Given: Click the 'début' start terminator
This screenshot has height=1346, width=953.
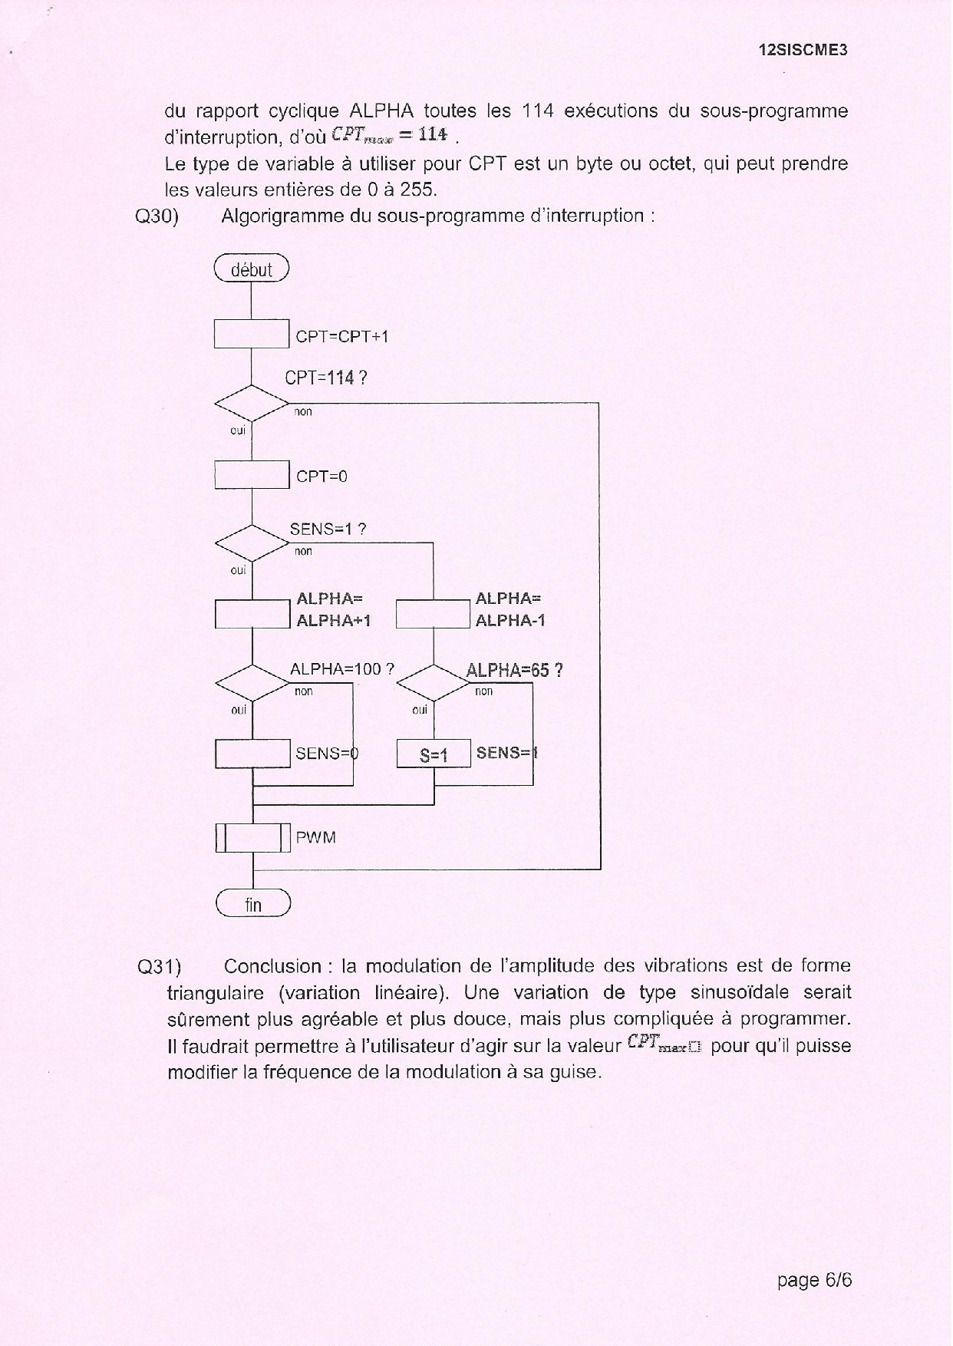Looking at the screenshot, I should click(x=252, y=269).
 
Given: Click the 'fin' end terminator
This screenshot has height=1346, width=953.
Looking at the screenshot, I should click(x=253, y=904).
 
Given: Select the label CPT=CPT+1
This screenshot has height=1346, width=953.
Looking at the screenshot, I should click(x=342, y=336).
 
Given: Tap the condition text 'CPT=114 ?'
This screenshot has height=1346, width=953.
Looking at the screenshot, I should click(x=326, y=378).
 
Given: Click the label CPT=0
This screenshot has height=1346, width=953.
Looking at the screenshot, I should click(x=322, y=477).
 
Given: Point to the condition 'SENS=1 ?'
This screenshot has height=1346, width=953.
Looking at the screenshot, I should click(x=328, y=529).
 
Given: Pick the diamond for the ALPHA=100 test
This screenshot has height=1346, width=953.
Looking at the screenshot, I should click(x=252, y=682).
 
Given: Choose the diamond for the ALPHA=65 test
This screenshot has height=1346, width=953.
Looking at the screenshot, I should click(x=434, y=682).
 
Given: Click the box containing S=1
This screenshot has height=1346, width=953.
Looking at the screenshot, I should click(x=434, y=754).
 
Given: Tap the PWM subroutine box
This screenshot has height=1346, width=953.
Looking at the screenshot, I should click(x=252, y=837).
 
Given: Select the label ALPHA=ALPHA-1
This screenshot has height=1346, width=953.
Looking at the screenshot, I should click(x=510, y=609).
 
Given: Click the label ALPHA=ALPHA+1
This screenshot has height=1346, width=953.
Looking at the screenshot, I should click(x=333, y=609).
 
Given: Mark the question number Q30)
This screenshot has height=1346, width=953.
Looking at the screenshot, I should click(x=157, y=216).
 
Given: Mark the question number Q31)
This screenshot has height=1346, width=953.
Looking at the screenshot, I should click(x=159, y=966).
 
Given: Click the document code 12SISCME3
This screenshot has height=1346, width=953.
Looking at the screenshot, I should click(x=803, y=51).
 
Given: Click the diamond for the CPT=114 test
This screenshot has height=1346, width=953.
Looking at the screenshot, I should click(x=252, y=402).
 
